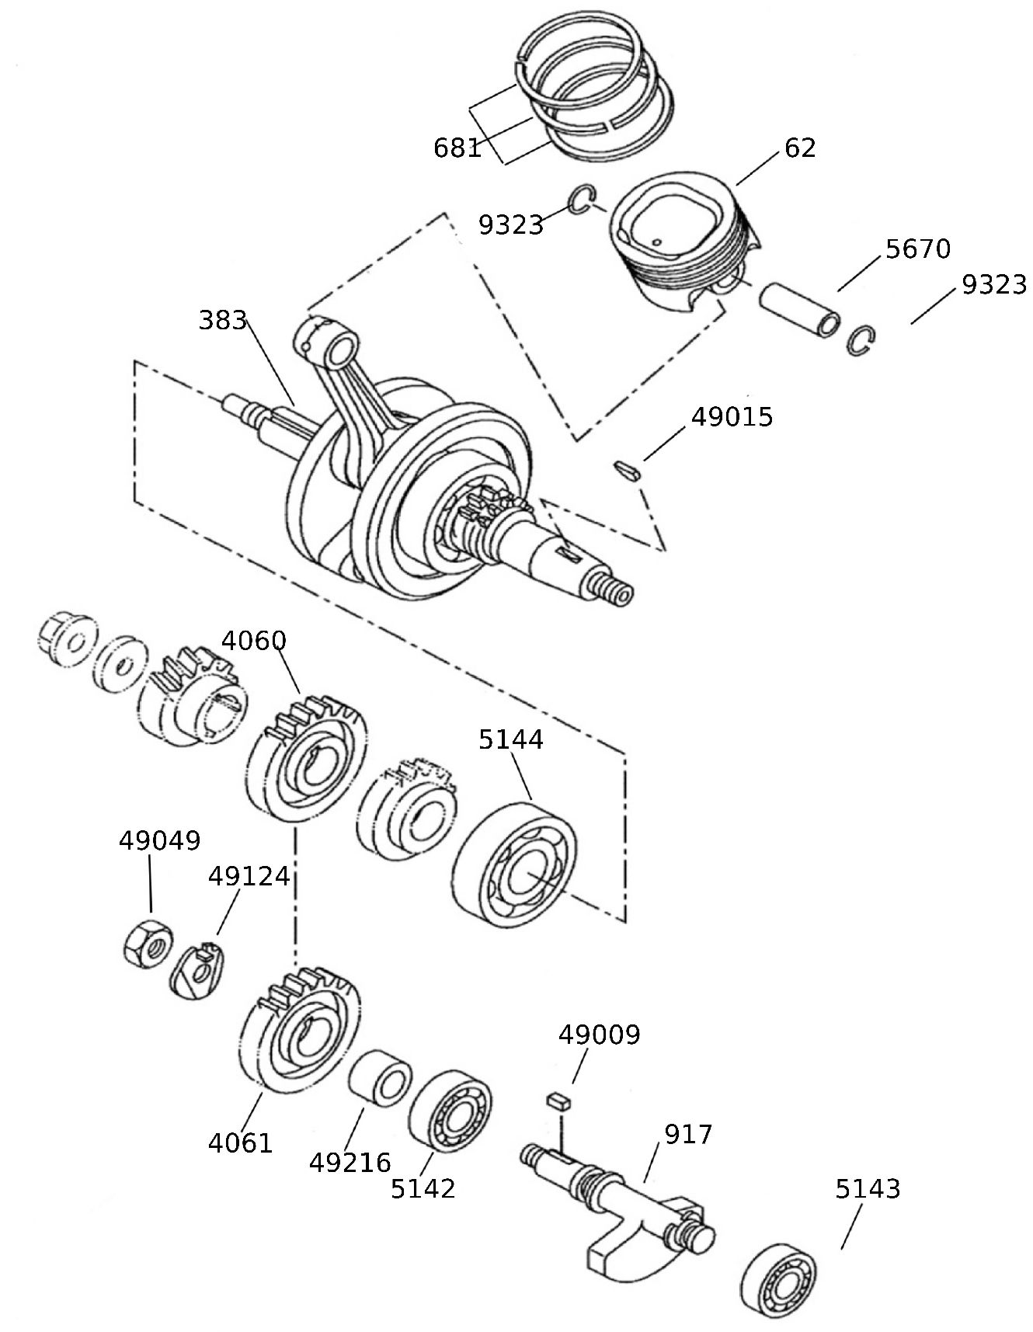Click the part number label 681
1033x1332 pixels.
[x=457, y=148]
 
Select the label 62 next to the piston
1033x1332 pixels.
[x=800, y=148]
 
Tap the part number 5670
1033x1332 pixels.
[x=917, y=249]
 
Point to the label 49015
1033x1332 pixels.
[x=732, y=417]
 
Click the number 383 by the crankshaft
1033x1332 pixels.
[x=222, y=320]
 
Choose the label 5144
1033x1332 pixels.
[x=510, y=739]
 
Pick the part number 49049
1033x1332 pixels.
[x=159, y=840]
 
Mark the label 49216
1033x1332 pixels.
[x=350, y=1163]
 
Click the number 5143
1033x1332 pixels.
[x=868, y=1189]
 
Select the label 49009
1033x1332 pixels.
[x=600, y=1035]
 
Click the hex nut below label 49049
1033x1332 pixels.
[x=148, y=944]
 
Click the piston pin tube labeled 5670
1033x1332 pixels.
[x=798, y=311]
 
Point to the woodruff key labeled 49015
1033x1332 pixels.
[x=627, y=469]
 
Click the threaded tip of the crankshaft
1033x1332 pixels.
[x=617, y=593]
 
